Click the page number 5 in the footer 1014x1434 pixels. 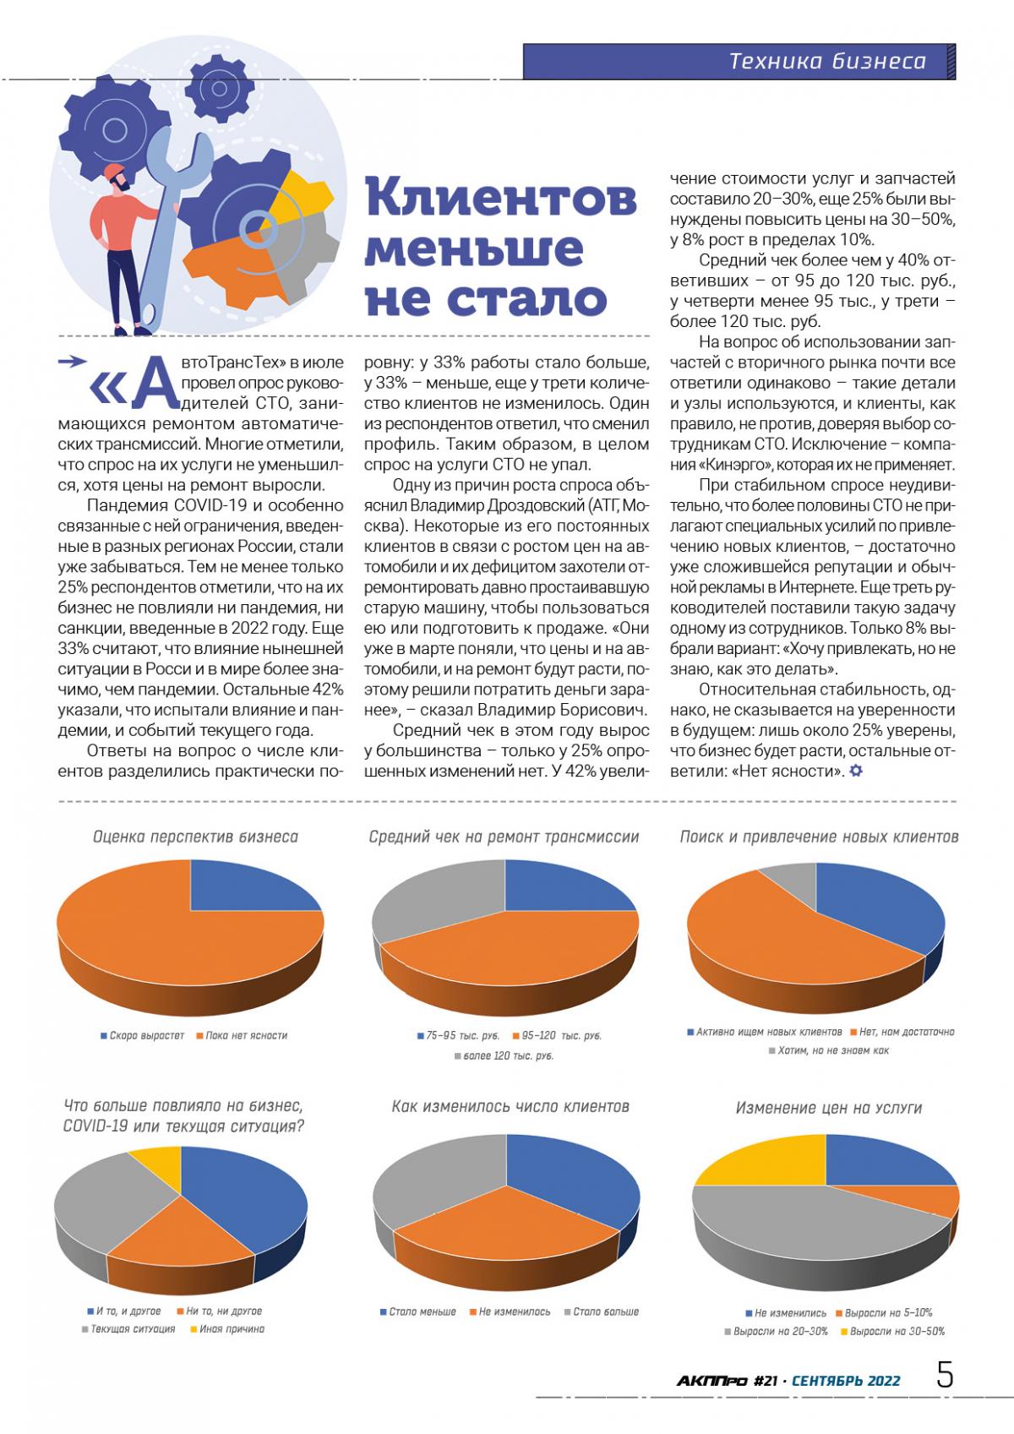[x=945, y=1376]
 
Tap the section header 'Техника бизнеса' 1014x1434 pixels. [x=826, y=62]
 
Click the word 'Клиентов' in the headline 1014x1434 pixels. [x=502, y=199]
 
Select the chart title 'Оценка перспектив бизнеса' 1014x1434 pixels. [x=195, y=837]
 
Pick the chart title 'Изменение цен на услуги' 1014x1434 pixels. [x=828, y=1107]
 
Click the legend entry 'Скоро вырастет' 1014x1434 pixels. [x=146, y=1035]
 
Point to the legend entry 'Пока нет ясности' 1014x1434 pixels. [x=246, y=1035]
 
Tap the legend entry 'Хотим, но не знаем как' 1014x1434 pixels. [x=832, y=1050]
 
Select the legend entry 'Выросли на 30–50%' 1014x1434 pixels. [x=897, y=1331]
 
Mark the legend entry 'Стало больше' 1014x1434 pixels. [x=606, y=1312]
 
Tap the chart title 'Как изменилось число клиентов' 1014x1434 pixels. [x=510, y=1106]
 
